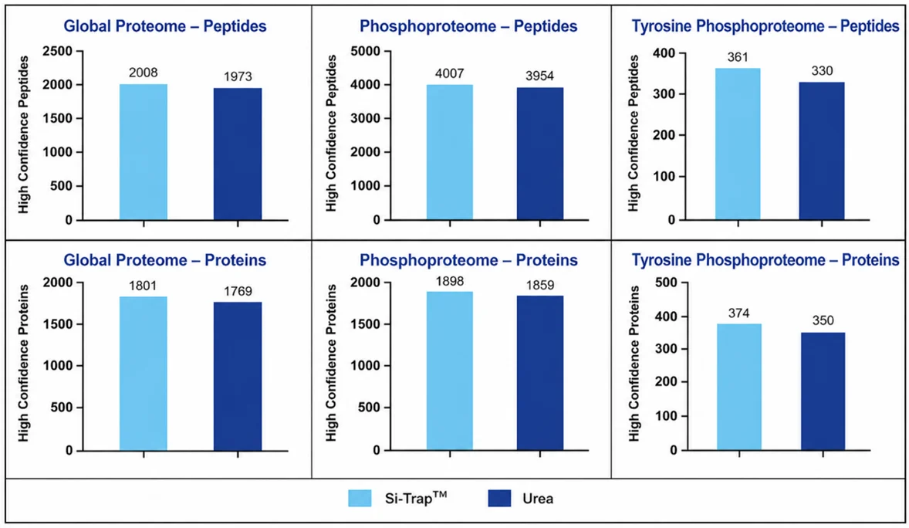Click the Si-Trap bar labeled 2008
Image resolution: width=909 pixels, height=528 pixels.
tap(144, 152)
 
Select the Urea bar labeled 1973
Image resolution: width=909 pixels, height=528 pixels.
tap(238, 154)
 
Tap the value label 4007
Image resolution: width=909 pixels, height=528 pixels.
tap(450, 73)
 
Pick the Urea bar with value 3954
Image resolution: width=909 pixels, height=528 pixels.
tap(540, 154)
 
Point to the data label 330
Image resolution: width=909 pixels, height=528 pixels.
tap(822, 71)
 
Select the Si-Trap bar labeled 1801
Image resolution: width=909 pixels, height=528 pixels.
tap(144, 373)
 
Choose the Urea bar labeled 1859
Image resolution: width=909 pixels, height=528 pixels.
tap(540, 373)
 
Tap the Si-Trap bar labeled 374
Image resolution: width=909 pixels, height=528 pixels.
tap(739, 387)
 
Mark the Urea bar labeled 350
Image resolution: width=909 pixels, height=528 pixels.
tap(823, 391)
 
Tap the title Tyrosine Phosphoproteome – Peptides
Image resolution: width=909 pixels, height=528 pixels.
tap(765, 26)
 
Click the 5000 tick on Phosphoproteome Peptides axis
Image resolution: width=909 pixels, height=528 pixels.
tap(366, 51)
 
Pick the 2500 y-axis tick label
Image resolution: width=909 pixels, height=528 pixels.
tap(59, 51)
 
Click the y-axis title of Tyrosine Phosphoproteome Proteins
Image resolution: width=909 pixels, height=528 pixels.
tap(634, 364)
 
